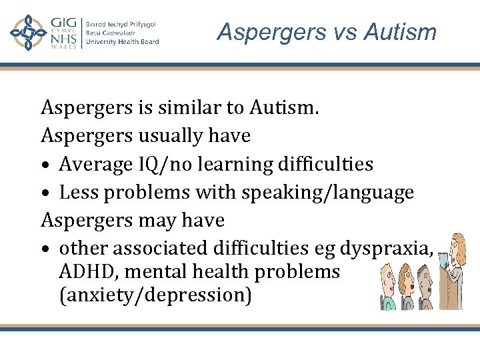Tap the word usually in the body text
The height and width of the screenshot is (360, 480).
[x=170, y=135]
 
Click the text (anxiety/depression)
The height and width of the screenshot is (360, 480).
[x=155, y=295]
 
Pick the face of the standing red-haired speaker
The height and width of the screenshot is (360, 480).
[x=455, y=248]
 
